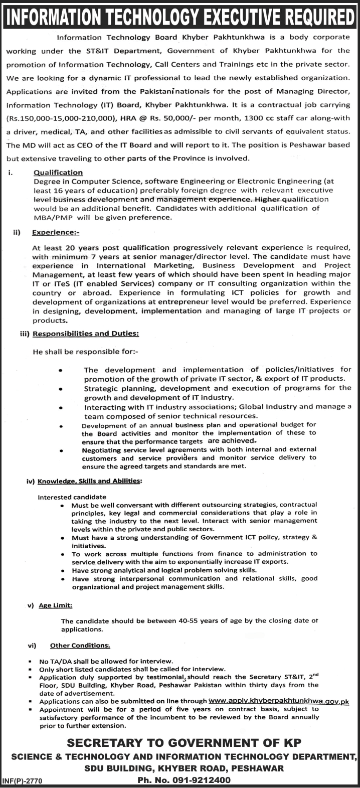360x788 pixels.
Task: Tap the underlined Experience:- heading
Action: pos(56,233)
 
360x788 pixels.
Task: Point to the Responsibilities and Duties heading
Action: pos(85,334)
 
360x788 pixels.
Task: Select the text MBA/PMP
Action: pos(51,218)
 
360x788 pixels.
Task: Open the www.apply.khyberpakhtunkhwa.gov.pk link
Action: pos(278,702)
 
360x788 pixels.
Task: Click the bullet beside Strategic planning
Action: pos(61,389)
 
